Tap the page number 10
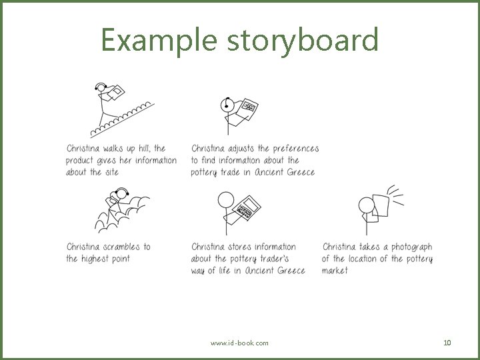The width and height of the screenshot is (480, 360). [x=447, y=343]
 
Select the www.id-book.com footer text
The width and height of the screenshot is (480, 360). [x=239, y=343]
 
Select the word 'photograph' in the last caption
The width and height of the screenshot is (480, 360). [x=411, y=247]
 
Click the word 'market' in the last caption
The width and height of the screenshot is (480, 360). [x=335, y=271]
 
